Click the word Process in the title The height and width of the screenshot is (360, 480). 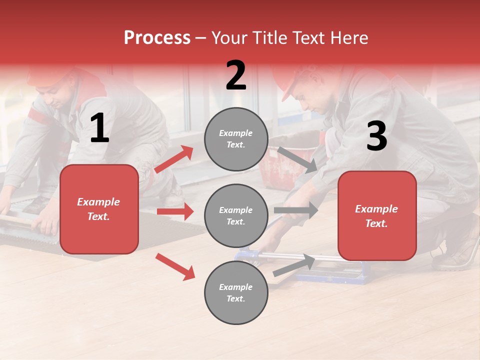157,38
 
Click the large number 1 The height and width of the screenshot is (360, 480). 99,129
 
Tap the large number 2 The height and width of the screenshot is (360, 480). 236,76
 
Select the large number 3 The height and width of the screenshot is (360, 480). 376,136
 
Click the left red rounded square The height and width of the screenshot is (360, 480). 99,209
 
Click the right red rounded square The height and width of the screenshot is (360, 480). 377,215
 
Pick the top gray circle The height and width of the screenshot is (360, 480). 236,139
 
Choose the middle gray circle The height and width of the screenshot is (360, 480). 236,215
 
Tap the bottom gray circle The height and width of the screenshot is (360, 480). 236,292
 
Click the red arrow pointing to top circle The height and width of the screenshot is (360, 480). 174,159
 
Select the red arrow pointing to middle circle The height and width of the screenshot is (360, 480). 175,211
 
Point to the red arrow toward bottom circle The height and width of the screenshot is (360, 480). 175,266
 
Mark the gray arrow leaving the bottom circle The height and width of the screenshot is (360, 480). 294,265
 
